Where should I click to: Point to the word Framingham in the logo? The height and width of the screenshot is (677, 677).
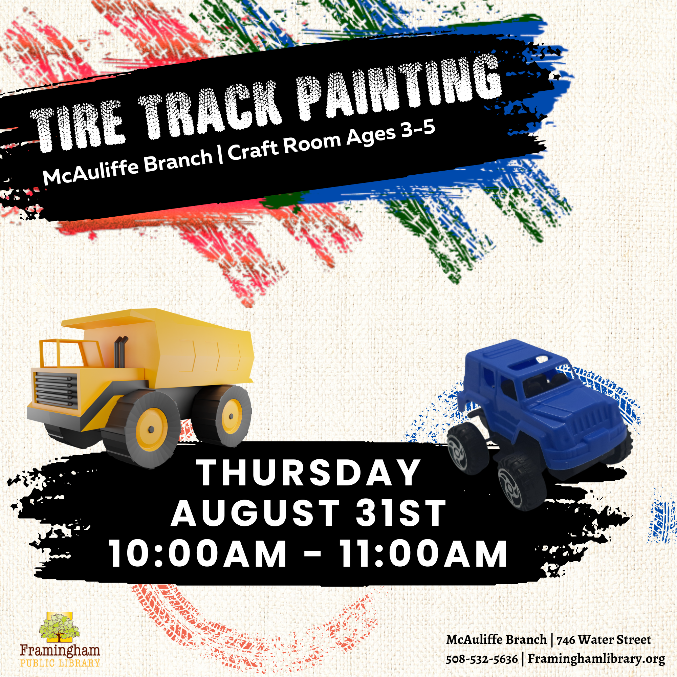(x=60, y=650)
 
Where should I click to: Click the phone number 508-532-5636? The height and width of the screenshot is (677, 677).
(x=482, y=659)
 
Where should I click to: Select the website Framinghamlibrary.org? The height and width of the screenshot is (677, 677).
(x=596, y=659)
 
